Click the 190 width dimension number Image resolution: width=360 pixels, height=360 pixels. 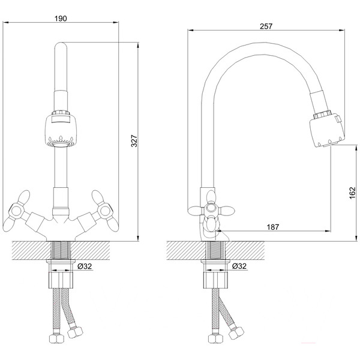click(61, 19)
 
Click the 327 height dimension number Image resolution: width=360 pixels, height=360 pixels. click(134, 141)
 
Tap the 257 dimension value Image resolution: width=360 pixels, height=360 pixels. click(266, 26)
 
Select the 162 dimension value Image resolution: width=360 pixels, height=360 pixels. click(352, 193)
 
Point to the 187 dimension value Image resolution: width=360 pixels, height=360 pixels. click(273, 227)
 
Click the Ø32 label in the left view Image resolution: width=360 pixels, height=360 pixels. click(85, 266)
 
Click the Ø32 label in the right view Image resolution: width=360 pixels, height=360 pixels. click(239, 266)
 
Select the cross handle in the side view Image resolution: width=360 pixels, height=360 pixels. click(211, 209)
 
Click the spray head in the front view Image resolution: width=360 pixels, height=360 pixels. click(61, 129)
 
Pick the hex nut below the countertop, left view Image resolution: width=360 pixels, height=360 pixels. click(61, 280)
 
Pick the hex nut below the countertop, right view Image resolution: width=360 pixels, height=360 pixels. click(215, 280)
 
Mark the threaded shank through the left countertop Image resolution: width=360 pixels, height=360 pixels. click(61, 251)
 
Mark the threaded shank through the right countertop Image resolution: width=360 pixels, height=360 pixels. click(215, 251)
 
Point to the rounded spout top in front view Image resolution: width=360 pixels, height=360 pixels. click(61, 47)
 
